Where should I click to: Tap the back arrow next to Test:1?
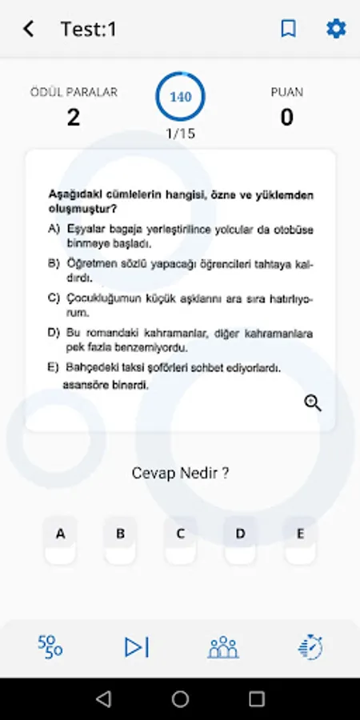[x=29, y=29]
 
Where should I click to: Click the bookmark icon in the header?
[x=288, y=29]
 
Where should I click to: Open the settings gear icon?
[x=336, y=29]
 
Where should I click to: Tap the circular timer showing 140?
[x=180, y=97]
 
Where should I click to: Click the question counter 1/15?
[x=180, y=134]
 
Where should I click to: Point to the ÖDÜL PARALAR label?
[x=74, y=92]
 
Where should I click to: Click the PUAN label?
[x=286, y=92]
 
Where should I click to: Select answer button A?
[x=61, y=534]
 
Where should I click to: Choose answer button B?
[x=121, y=534]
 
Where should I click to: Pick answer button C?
[x=181, y=534]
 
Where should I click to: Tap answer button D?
[x=241, y=534]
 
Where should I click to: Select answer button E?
[x=301, y=534]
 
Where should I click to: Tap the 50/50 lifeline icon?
[x=50, y=646]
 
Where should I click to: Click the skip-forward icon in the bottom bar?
[x=137, y=646]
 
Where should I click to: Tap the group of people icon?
[x=223, y=646]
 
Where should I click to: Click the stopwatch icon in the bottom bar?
[x=310, y=646]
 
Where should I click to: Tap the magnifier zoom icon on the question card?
[x=313, y=403]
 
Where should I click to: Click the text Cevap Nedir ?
[x=180, y=473]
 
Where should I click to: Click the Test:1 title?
[x=89, y=30]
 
